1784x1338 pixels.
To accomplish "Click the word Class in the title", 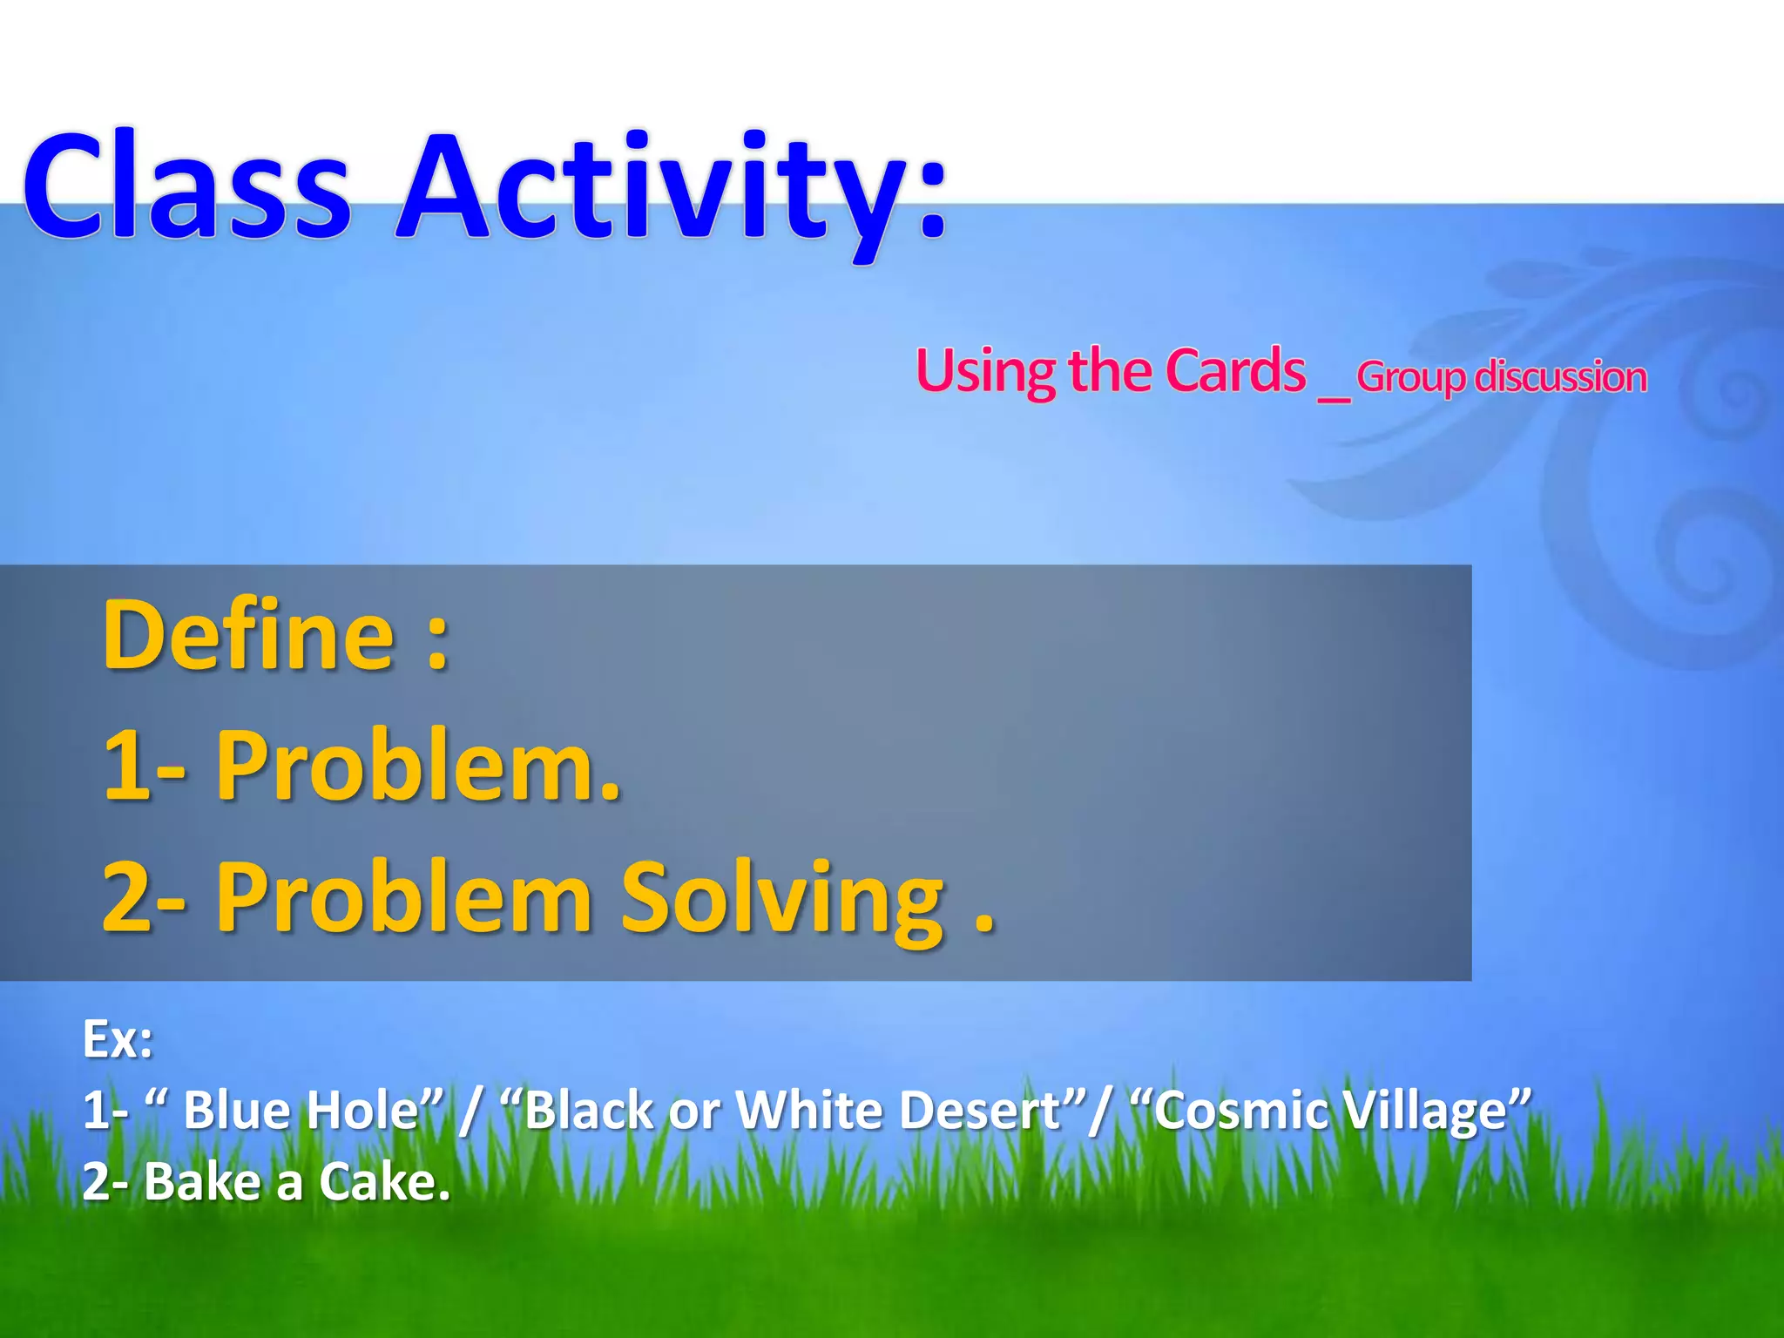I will pos(187,187).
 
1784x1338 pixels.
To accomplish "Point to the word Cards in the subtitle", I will pos(1235,371).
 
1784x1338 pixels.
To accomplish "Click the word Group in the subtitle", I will pos(1410,377).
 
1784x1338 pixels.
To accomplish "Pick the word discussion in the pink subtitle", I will pos(1560,377).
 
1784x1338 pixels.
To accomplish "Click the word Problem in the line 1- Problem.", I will pos(418,767).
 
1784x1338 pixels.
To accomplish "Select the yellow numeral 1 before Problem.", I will pos(126,767).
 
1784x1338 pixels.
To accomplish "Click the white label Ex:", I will pos(118,1039).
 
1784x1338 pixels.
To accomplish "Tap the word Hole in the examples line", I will pos(375,1112).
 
